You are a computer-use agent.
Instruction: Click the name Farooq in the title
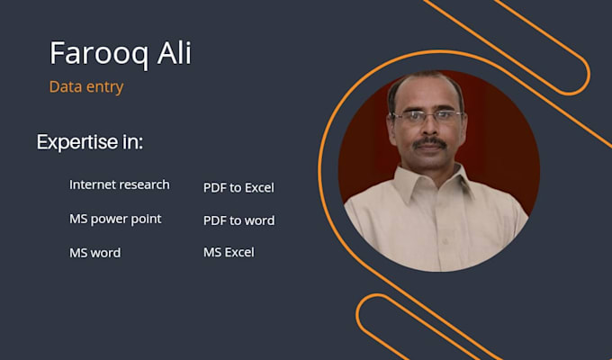coord(99,54)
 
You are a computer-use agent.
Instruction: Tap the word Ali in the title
coord(174,53)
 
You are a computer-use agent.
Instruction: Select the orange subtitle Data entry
coord(86,87)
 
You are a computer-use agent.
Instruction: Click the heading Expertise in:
coord(90,142)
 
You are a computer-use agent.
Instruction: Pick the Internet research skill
coord(120,184)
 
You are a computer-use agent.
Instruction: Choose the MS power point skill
coord(115,219)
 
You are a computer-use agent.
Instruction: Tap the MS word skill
coord(95,253)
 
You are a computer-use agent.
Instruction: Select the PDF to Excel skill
coord(238,187)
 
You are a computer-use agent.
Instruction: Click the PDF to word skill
coord(238,220)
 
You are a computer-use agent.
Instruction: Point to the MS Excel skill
coord(229,252)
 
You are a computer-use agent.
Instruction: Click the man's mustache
coord(429,142)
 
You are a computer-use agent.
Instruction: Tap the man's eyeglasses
coord(427,116)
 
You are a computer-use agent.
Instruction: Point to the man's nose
coord(428,128)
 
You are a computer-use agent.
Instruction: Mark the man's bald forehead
coord(426,91)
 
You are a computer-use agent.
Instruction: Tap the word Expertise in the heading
coord(77,142)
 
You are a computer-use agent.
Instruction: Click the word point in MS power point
coord(146,219)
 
